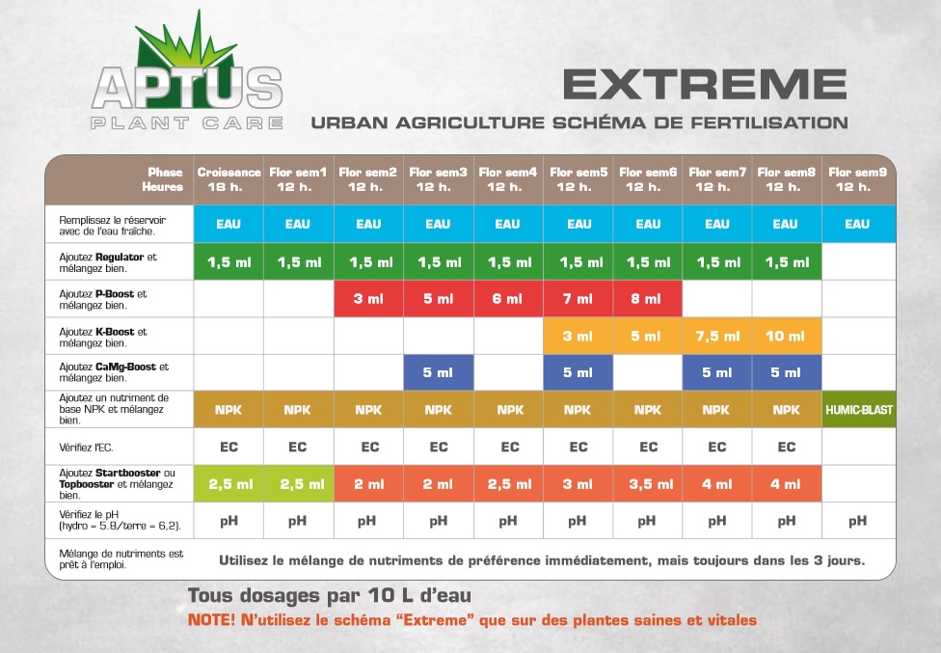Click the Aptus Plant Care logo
[x=187, y=72]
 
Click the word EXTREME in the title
[x=705, y=85]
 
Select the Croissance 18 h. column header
[x=229, y=179]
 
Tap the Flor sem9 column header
[x=858, y=179]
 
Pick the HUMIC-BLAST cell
[x=859, y=410]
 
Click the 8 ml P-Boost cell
[x=648, y=299]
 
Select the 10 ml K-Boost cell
[x=786, y=336]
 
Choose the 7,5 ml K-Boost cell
[x=717, y=336]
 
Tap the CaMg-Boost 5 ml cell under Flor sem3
[x=439, y=372]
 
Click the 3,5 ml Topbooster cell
[x=648, y=484]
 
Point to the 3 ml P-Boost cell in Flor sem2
[x=368, y=299]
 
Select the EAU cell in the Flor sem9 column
[x=859, y=224]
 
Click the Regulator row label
[x=108, y=263]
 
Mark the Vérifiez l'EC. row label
[x=86, y=448]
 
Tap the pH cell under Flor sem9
[x=857, y=521]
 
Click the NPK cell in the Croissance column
[x=229, y=410]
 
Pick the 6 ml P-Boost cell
[x=508, y=299]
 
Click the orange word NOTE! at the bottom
[x=212, y=620]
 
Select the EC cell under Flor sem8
[x=786, y=448]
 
